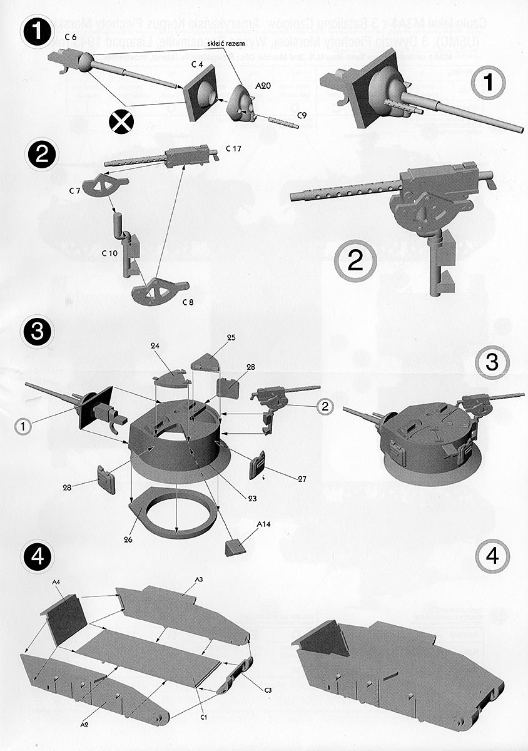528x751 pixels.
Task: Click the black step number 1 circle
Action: tap(39, 31)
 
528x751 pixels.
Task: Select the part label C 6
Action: tap(70, 38)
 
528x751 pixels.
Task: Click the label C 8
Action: tap(188, 303)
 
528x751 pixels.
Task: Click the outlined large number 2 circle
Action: tap(355, 261)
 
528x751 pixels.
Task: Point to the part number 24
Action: tap(156, 345)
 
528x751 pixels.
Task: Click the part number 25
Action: tap(231, 338)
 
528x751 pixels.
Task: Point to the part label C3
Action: tap(267, 690)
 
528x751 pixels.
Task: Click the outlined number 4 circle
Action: tap(492, 555)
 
